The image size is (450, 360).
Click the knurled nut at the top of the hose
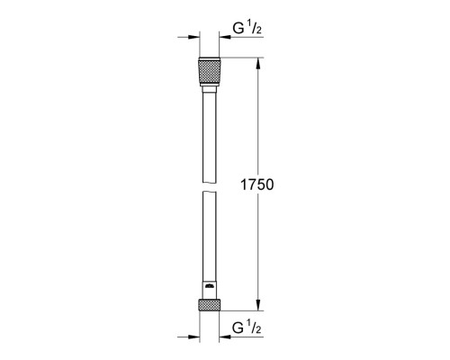pyautogui.click(x=209, y=70)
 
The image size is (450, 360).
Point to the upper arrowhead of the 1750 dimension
pyautogui.click(x=258, y=64)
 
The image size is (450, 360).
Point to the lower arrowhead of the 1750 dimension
pyautogui.click(x=258, y=305)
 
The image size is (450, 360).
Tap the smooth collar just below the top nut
pyautogui.click(x=209, y=87)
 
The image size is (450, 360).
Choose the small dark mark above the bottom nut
pyautogui.click(x=209, y=287)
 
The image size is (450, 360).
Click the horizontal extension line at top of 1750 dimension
pyautogui.click(x=243, y=58)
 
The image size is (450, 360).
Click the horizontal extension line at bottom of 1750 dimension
pyautogui.click(x=243, y=311)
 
